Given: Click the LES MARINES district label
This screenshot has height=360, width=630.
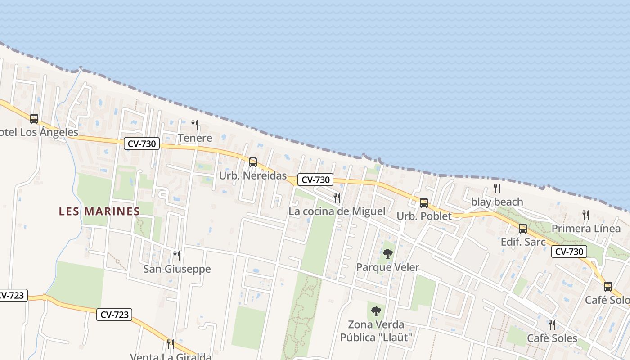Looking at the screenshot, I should pyautogui.click(x=99, y=211).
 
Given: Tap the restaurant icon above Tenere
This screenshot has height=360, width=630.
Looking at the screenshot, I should pyautogui.click(x=195, y=124).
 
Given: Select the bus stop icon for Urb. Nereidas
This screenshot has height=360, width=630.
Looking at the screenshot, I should pyautogui.click(x=253, y=162).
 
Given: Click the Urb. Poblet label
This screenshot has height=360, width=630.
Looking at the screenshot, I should pyautogui.click(x=424, y=216).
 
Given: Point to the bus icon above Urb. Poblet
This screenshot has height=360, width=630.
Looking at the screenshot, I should pyautogui.click(x=424, y=203).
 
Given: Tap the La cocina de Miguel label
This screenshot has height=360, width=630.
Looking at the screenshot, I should pyautogui.click(x=337, y=211).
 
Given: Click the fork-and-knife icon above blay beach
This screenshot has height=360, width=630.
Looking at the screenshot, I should pyautogui.click(x=497, y=189).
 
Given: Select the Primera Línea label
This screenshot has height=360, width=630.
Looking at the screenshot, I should pyautogui.click(x=586, y=229).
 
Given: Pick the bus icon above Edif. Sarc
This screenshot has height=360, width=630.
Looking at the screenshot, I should pyautogui.click(x=523, y=229).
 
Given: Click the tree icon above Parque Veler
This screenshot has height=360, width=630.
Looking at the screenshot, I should pyautogui.click(x=388, y=254).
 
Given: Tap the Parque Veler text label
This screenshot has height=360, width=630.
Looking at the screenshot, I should pyautogui.click(x=387, y=267).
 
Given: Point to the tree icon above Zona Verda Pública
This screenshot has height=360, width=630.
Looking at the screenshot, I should pyautogui.click(x=376, y=311).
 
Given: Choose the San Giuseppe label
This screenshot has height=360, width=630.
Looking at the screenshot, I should pyautogui.click(x=177, y=269).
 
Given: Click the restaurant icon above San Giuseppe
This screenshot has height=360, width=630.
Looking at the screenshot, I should pyautogui.click(x=177, y=256).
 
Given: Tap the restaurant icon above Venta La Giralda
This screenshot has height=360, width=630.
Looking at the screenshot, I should pyautogui.click(x=171, y=344).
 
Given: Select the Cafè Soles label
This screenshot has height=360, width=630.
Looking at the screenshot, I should pyautogui.click(x=552, y=338).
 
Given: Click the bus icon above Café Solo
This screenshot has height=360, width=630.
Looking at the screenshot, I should pyautogui.click(x=608, y=287).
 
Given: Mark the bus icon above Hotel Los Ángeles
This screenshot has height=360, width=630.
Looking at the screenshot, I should pyautogui.click(x=34, y=119).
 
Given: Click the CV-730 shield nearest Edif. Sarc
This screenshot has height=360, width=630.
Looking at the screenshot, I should pyautogui.click(x=569, y=252).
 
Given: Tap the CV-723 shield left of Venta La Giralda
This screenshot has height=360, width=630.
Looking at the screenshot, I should pyautogui.click(x=114, y=315).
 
